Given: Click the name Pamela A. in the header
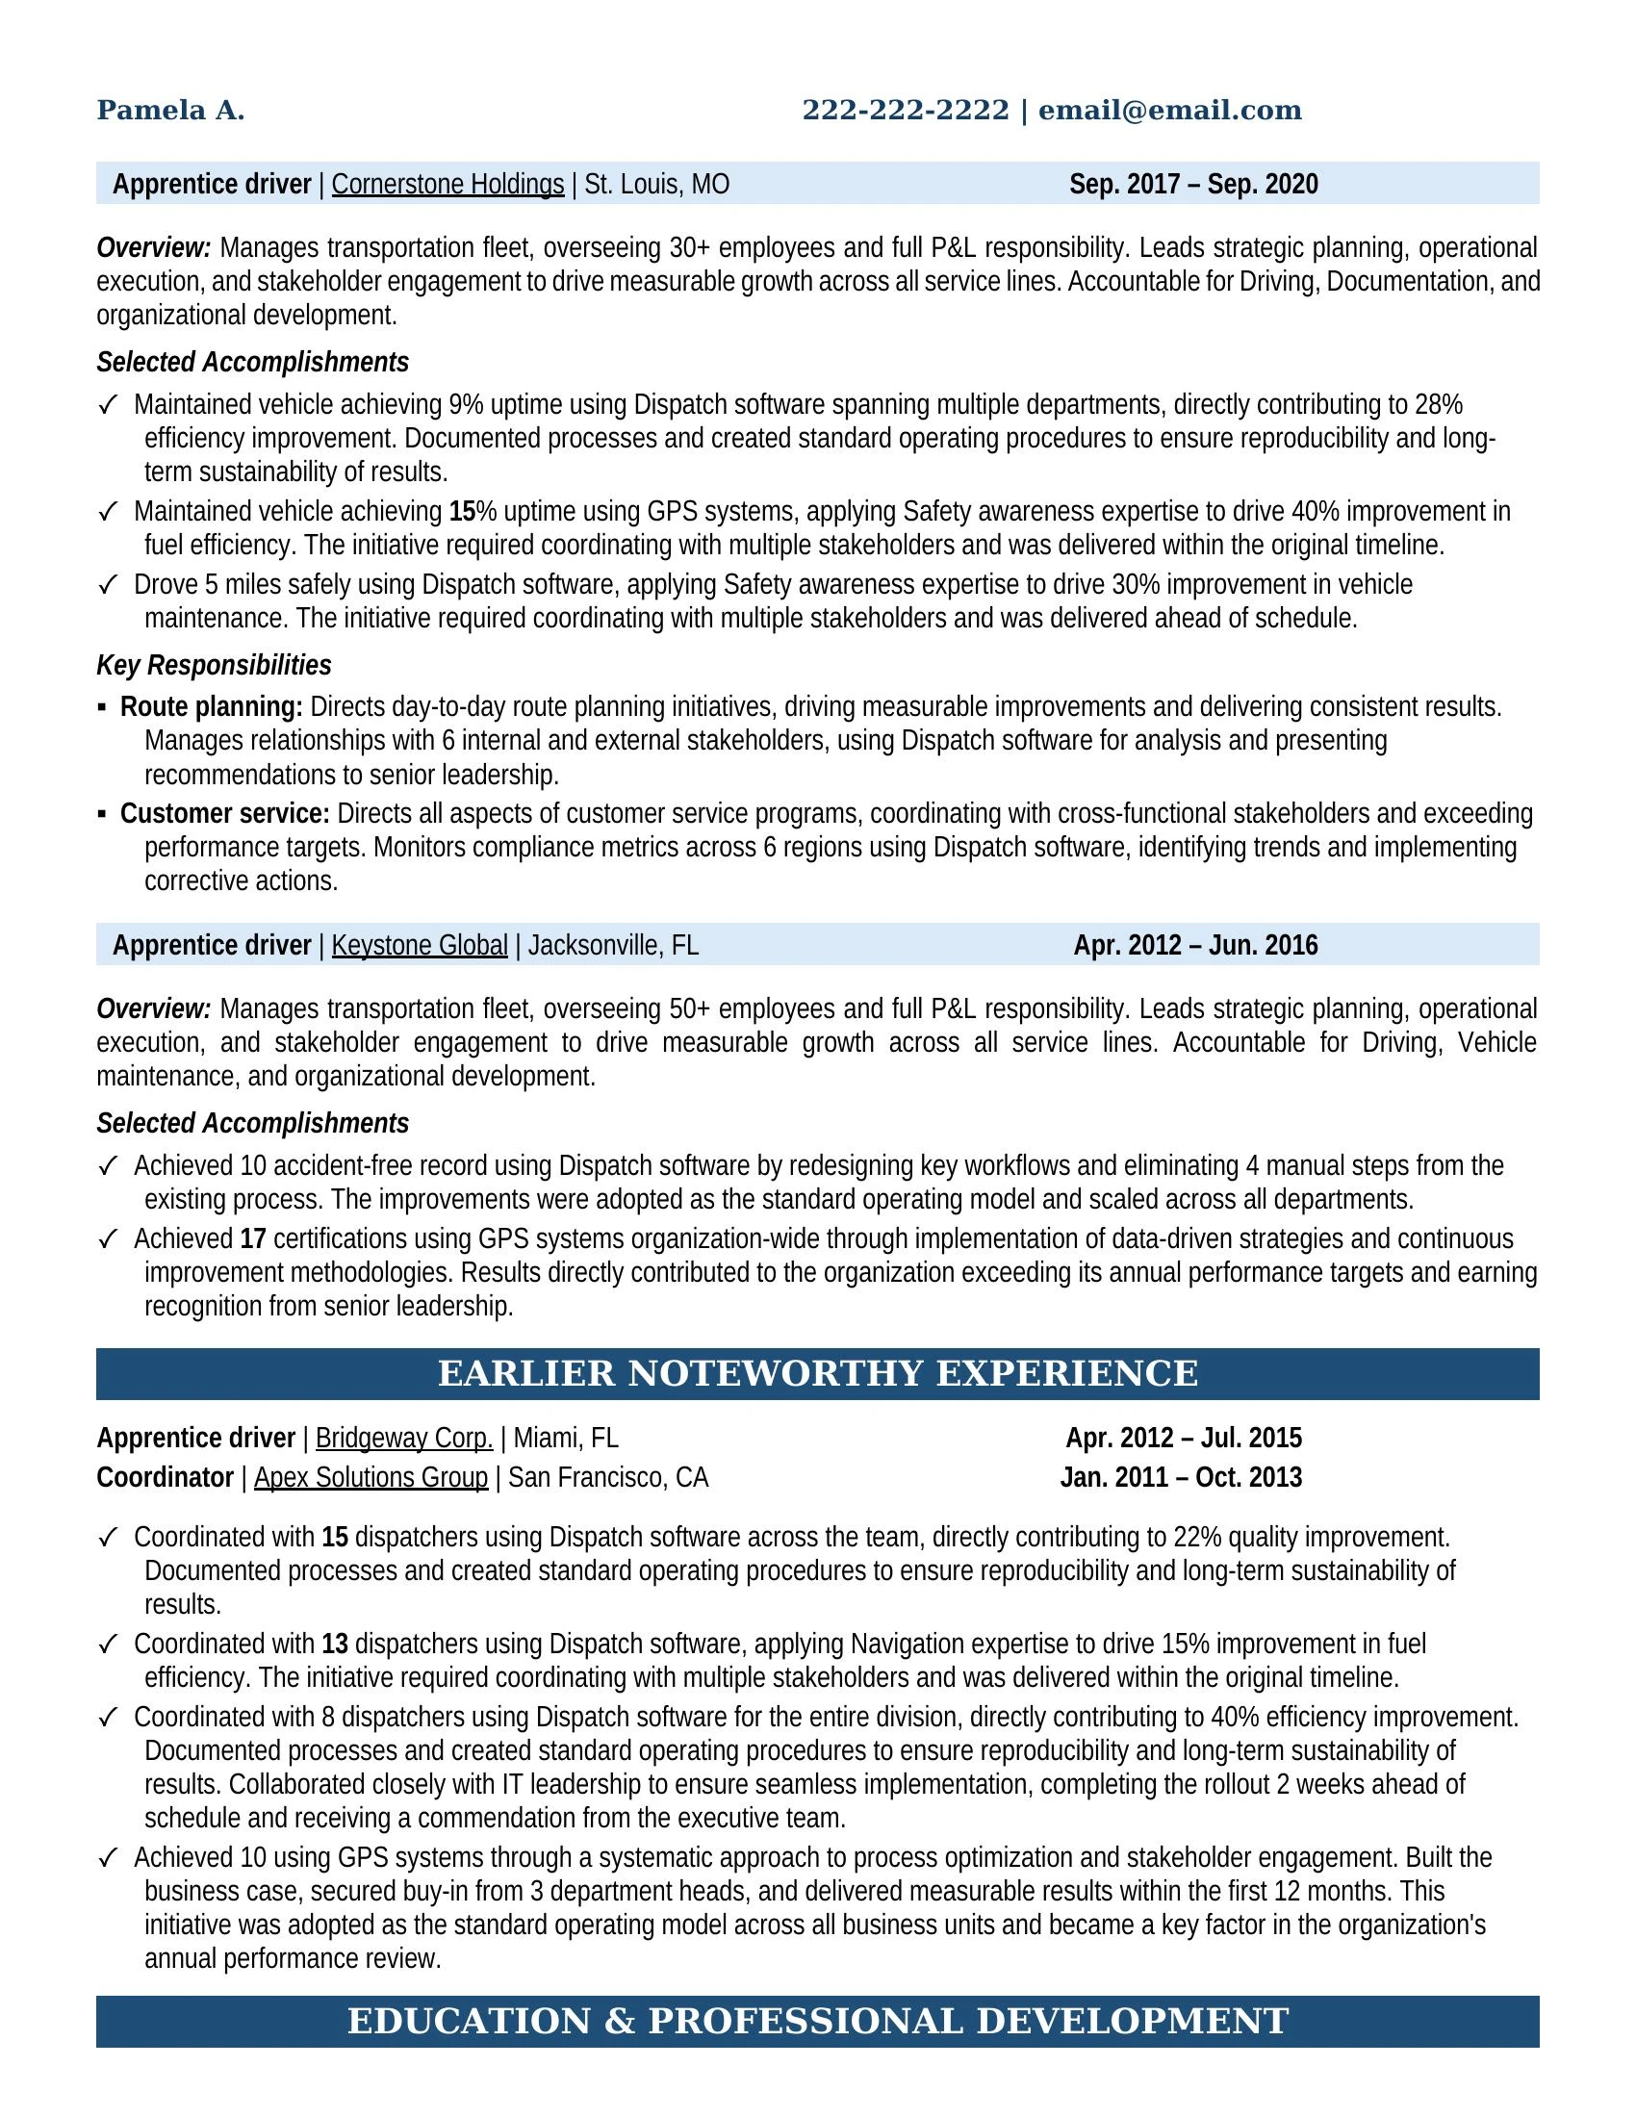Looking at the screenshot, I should pos(170,111).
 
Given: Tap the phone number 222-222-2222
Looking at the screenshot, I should pos(906,111).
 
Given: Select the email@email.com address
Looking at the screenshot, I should pos(1170,111).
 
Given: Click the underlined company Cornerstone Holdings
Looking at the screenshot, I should pos(447,184).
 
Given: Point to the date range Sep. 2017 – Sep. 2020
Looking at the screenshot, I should pos(1193,184).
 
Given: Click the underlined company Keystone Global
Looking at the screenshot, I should pos(420,945).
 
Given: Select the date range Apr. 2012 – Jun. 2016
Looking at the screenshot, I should pos(1195,945).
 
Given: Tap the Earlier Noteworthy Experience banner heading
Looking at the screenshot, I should pos(817,1373).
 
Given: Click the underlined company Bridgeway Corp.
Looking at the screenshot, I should pos(404,1438).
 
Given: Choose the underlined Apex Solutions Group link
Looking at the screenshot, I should pos(371,1477).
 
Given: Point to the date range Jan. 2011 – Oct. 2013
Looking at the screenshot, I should pos(1181,1477).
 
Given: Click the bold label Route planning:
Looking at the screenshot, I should pos(212,706).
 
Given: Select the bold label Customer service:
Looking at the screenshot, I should pos(225,813).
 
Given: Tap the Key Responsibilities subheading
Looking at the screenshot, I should pos(214,665).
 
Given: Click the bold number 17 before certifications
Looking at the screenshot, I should pos(253,1238).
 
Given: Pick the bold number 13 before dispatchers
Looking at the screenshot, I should pos(335,1644).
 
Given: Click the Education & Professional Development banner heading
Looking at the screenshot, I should pos(817,2021).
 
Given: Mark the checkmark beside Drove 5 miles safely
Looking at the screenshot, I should pos(109,584).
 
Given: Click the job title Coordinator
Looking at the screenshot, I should pos(165,1477).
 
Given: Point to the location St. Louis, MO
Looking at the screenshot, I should pos(657,184).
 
